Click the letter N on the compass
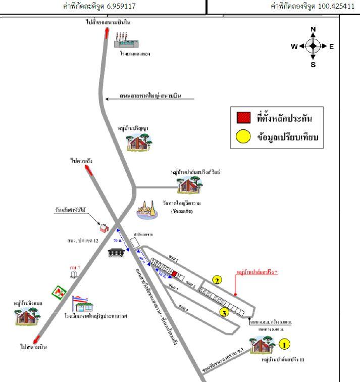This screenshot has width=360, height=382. click(x=313, y=29)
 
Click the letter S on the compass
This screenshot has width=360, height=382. click(x=313, y=64)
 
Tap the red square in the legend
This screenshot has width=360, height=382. click(x=243, y=118)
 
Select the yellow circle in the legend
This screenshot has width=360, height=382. click(x=243, y=136)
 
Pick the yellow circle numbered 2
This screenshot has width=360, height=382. click(x=217, y=280)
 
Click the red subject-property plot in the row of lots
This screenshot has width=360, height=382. click(x=175, y=274)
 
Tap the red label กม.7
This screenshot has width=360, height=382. click(x=75, y=266)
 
